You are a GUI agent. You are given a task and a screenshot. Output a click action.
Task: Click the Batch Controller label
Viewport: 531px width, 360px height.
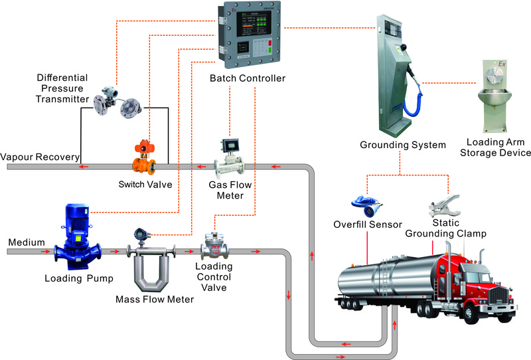247,78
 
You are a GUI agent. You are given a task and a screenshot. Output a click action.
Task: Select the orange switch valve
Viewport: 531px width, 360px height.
143,157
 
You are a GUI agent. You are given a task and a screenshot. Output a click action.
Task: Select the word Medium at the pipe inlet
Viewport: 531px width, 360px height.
23,242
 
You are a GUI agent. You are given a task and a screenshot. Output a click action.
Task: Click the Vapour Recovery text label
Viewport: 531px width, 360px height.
40,157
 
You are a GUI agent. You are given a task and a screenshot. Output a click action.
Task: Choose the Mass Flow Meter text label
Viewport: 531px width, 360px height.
155,300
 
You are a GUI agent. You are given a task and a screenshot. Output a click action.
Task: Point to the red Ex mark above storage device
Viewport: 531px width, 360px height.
502,64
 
